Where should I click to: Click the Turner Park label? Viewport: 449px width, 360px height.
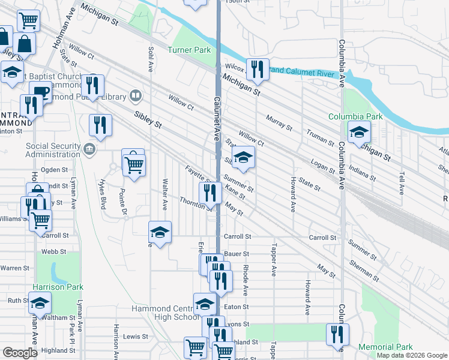click(x=189, y=50)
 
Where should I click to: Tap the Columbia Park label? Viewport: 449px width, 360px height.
click(x=355, y=116)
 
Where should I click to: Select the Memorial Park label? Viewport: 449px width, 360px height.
click(x=385, y=347)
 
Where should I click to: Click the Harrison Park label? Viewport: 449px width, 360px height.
click(x=58, y=287)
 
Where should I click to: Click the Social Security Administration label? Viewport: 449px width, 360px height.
click(x=53, y=151)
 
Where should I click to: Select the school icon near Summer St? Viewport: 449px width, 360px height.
click(x=243, y=158)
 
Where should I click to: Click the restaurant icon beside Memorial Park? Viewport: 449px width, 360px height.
click(x=337, y=334)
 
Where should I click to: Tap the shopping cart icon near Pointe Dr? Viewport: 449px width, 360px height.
click(x=134, y=164)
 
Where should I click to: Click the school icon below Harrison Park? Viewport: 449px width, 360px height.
click(x=40, y=304)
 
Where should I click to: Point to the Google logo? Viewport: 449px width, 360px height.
click(x=20, y=353)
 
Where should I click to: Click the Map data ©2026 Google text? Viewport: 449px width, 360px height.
click(x=412, y=355)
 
